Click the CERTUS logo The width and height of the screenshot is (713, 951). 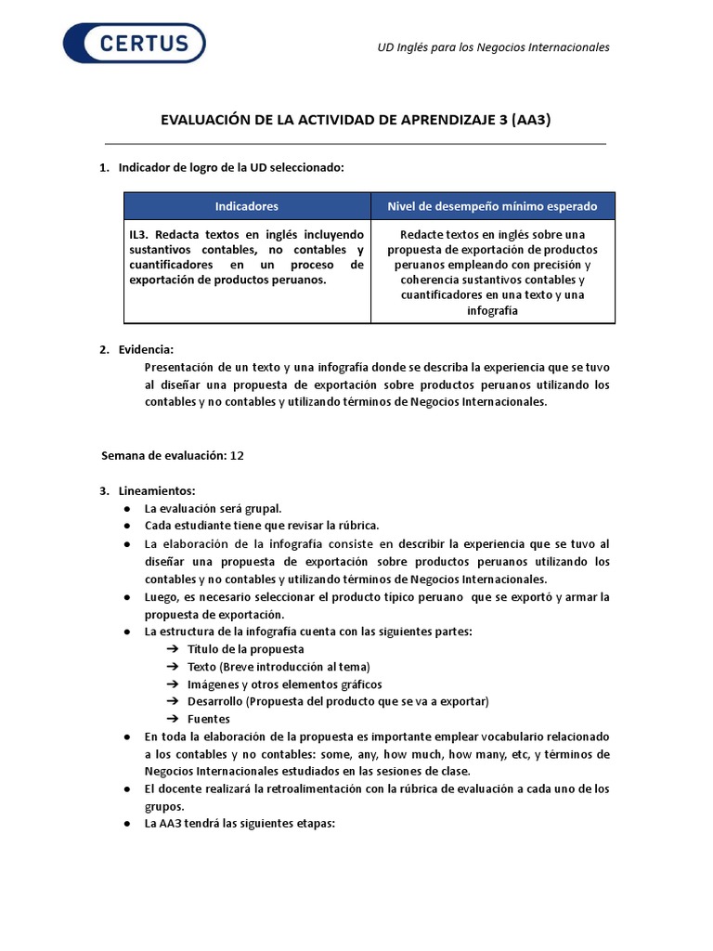(134, 44)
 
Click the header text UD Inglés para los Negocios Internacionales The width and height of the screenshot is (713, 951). (492, 46)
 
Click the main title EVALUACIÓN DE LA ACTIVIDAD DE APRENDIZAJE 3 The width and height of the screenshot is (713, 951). (356, 120)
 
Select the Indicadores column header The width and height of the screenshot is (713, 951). (246, 206)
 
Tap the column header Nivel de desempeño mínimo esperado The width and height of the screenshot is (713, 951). (492, 206)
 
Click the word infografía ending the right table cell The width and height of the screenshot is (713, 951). (492, 311)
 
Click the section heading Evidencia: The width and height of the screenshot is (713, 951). (146, 349)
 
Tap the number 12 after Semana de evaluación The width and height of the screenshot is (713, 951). (237, 455)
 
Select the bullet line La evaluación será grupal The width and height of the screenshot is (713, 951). (213, 508)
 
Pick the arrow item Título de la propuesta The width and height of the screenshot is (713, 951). (245, 648)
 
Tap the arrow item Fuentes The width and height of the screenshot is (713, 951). (208, 719)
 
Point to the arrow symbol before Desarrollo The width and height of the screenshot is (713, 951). (173, 701)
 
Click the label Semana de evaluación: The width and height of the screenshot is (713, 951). (162, 455)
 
